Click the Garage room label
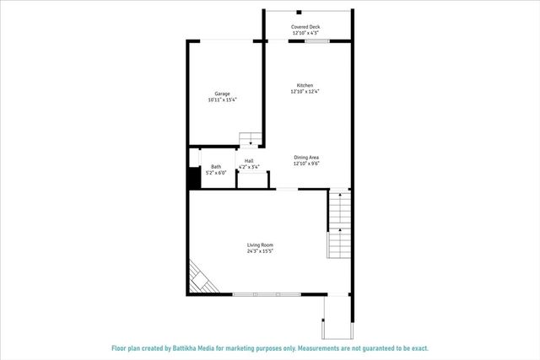point(223,94)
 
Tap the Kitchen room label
point(305,85)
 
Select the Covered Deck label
point(305,27)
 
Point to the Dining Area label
point(305,158)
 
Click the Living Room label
point(259,245)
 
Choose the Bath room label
point(216,166)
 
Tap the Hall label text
point(249,160)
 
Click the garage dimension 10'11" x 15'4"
point(223,100)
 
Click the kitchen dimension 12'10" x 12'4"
point(305,92)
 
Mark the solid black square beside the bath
point(192,179)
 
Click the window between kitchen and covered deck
point(316,40)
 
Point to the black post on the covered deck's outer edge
point(299,12)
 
